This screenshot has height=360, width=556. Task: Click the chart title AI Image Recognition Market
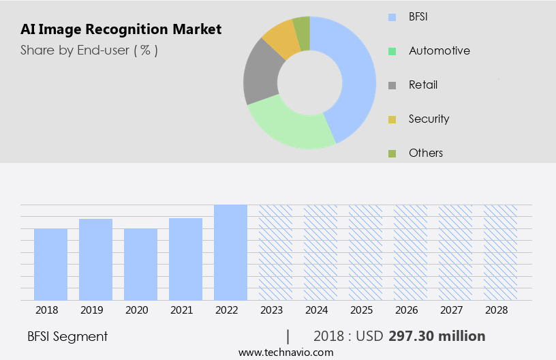pyautogui.click(x=121, y=29)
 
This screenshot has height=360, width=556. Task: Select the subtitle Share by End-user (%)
pyautogui.click(x=89, y=50)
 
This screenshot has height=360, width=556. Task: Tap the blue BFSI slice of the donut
pyautogui.click(x=354, y=75)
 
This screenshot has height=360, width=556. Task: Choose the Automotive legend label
pyautogui.click(x=439, y=50)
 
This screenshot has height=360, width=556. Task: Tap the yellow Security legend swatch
pyautogui.click(x=392, y=119)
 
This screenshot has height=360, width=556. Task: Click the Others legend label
pyautogui.click(x=426, y=153)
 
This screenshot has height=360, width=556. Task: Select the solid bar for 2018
pyautogui.click(x=50, y=264)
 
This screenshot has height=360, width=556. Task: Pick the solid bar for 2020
pyautogui.click(x=140, y=264)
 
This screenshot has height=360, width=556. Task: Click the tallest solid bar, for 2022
pyautogui.click(x=230, y=252)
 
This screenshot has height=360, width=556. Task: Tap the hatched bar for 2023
pyautogui.click(x=275, y=252)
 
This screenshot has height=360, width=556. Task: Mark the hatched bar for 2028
pyautogui.click(x=500, y=252)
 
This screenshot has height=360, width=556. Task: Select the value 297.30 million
pyautogui.click(x=437, y=336)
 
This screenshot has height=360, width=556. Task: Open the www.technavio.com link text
pyautogui.click(x=285, y=352)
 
